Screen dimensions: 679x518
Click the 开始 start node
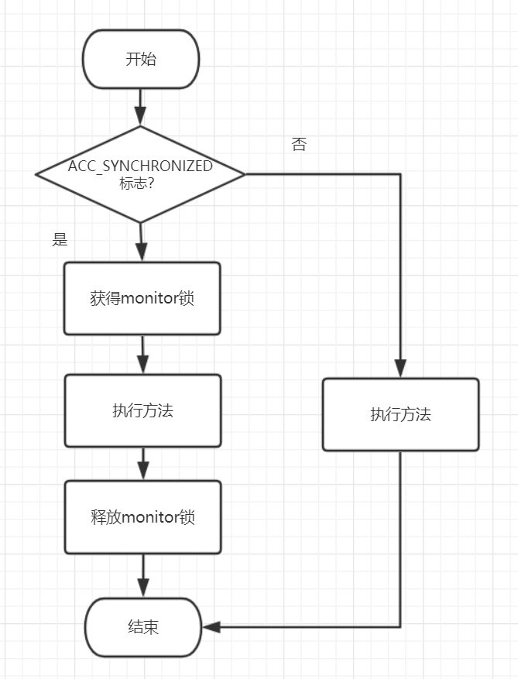coord(140,60)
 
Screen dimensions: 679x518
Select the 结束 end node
coord(143,627)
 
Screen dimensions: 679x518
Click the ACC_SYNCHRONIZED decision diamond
coord(140,174)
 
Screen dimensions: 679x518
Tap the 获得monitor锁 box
coord(142,298)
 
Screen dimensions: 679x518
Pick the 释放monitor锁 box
coord(142,517)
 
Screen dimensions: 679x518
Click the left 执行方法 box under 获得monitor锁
coord(142,410)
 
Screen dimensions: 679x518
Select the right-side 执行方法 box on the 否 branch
coord(400,414)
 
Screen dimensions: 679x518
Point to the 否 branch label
coord(299,145)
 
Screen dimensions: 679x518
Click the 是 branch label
coord(60,239)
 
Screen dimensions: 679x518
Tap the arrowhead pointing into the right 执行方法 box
coord(400,369)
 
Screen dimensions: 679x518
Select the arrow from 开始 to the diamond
coord(140,107)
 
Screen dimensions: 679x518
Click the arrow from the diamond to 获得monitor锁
coord(140,242)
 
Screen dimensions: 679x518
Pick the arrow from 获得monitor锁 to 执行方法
coord(142,355)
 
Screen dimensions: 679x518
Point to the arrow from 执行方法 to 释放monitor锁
coord(142,463)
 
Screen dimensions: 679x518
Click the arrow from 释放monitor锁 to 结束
coord(142,575)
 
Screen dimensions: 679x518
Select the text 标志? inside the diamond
coord(136,183)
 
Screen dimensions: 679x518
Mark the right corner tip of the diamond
coord(244,174)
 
